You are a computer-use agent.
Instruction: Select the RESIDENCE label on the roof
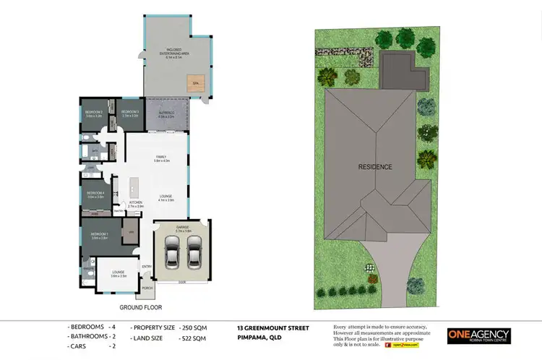pos(375,167)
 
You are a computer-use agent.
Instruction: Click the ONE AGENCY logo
pos(478,335)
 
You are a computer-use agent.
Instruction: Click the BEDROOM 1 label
pos(99,235)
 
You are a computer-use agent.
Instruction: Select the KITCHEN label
pos(136,202)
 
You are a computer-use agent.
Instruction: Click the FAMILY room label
pos(161,157)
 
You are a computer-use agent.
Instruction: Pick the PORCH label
pos(147,288)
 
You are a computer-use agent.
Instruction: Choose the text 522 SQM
pos(193,338)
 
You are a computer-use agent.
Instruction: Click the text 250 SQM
pos(193,328)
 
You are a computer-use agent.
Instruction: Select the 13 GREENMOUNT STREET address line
pos(272,328)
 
